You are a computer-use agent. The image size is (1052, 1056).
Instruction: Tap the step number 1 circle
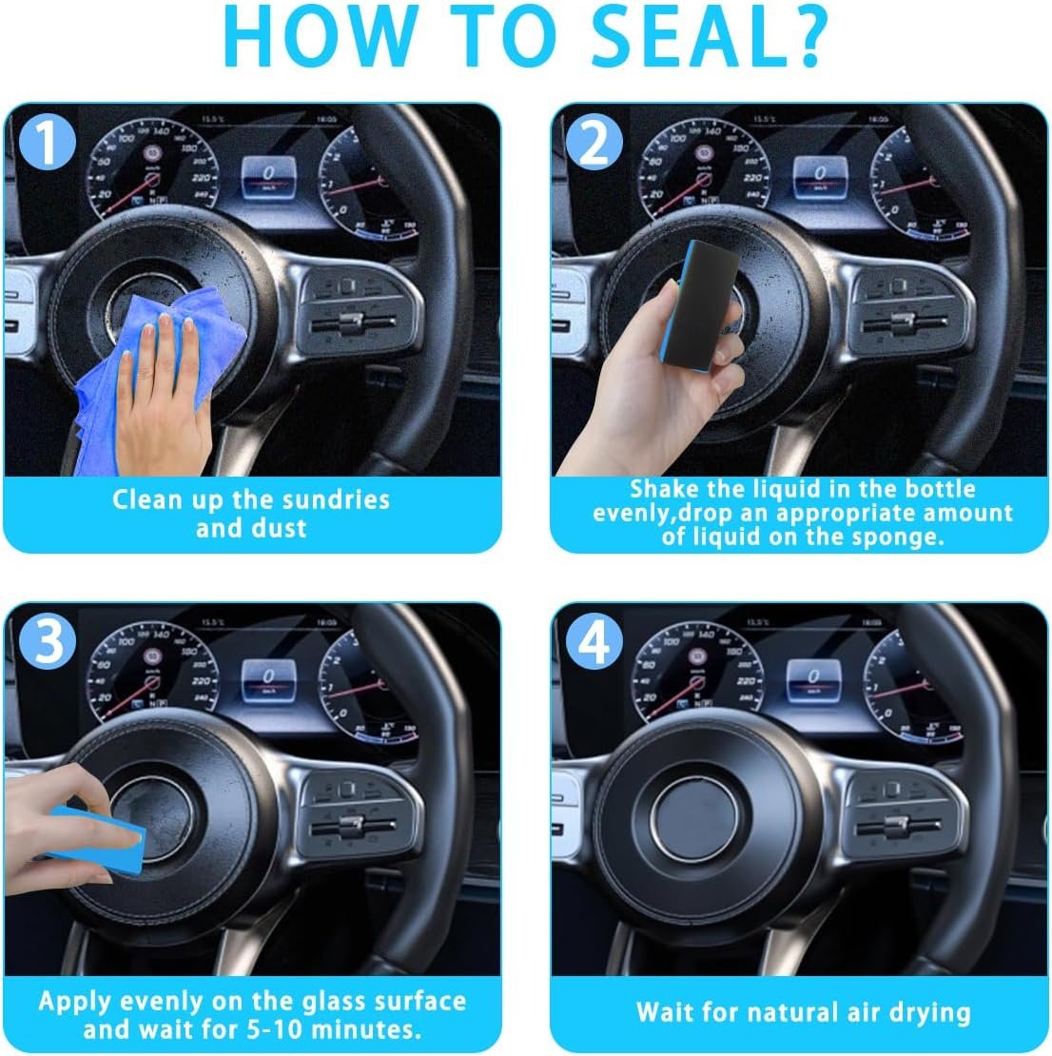click(x=47, y=142)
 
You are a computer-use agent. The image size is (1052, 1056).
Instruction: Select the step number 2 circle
click(x=594, y=142)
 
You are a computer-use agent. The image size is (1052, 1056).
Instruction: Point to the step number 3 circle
click(x=47, y=640)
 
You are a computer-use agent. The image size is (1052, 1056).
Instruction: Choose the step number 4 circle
click(x=594, y=640)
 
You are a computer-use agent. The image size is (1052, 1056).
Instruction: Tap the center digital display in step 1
click(x=269, y=176)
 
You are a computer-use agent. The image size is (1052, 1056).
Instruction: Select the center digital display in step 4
click(x=813, y=679)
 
